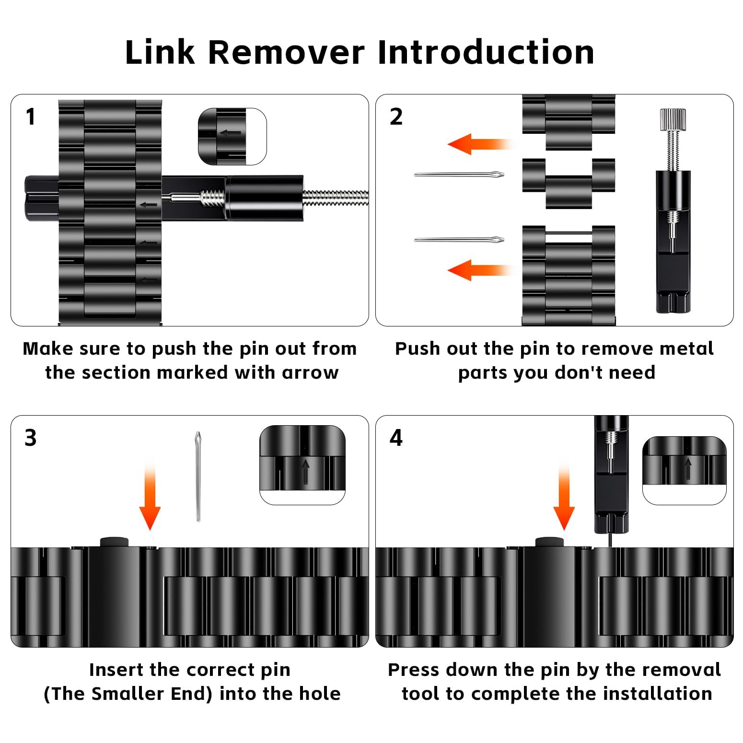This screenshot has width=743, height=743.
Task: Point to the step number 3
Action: [30, 438]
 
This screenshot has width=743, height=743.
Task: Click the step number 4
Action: [396, 438]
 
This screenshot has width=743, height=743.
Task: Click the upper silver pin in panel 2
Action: [459, 175]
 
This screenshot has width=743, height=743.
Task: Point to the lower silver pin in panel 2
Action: [459, 239]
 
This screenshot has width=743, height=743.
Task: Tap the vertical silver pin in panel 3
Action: [197, 476]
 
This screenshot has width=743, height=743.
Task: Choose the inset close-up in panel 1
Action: [232, 137]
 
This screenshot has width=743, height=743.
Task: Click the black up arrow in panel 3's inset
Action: [305, 472]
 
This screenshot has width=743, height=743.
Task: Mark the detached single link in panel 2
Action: [569, 183]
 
